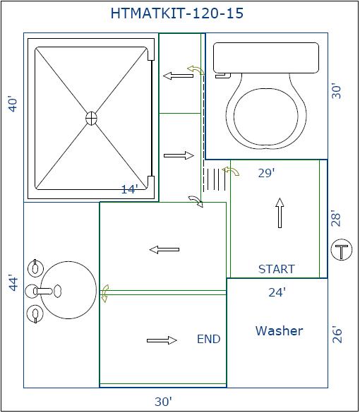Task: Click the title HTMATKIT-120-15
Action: tap(177, 13)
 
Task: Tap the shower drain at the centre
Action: tap(91, 118)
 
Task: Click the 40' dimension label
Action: tap(13, 104)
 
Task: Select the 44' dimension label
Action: tap(13, 283)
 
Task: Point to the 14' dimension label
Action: tap(129, 189)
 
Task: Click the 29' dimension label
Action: tap(266, 173)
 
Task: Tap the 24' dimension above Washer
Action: tap(277, 292)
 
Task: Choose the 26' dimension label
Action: tap(337, 335)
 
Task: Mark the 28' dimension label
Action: tap(336, 218)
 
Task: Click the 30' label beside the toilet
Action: tap(336, 91)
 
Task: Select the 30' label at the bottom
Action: tap(163, 402)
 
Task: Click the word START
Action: tap(276, 269)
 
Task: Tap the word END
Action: tap(208, 339)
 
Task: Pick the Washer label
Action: tap(279, 331)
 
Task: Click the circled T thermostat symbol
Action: tap(342, 250)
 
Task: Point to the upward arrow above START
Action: tap(280, 213)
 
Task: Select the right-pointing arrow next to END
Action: tap(162, 340)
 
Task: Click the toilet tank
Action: tap(266, 58)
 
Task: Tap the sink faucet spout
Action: tap(44, 291)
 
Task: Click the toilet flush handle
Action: tap(223, 76)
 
